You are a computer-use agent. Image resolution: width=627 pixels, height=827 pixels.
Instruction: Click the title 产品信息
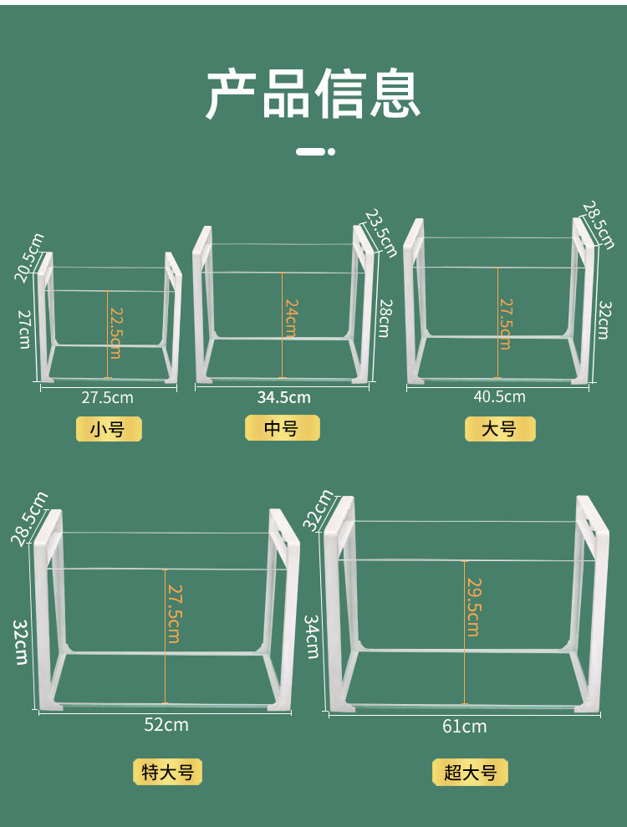(x=313, y=94)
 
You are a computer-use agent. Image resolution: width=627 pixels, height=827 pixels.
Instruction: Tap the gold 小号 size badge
(x=108, y=430)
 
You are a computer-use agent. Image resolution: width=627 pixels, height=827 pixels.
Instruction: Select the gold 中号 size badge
(x=282, y=428)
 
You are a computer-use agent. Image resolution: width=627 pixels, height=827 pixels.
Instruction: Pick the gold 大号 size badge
(x=499, y=429)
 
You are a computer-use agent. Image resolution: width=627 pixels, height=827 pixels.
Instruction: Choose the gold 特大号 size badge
(x=168, y=772)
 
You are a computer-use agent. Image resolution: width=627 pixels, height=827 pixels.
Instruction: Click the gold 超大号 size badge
(x=470, y=772)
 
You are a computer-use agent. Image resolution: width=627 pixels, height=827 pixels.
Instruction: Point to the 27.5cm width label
(x=107, y=397)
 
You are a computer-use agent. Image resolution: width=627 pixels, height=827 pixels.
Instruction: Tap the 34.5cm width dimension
(x=283, y=397)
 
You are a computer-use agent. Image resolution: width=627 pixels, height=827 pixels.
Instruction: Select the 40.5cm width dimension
(x=499, y=396)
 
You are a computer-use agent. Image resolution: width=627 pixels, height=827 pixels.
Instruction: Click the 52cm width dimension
(x=166, y=724)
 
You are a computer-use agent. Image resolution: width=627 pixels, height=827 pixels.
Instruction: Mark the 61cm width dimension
(x=464, y=726)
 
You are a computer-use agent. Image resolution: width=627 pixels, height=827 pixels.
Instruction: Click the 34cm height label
(x=312, y=636)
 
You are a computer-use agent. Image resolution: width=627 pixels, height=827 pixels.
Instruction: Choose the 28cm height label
(x=384, y=318)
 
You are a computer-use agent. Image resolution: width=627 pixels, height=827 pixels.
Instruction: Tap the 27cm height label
(x=24, y=329)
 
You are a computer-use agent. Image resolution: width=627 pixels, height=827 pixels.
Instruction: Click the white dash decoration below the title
(x=316, y=152)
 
